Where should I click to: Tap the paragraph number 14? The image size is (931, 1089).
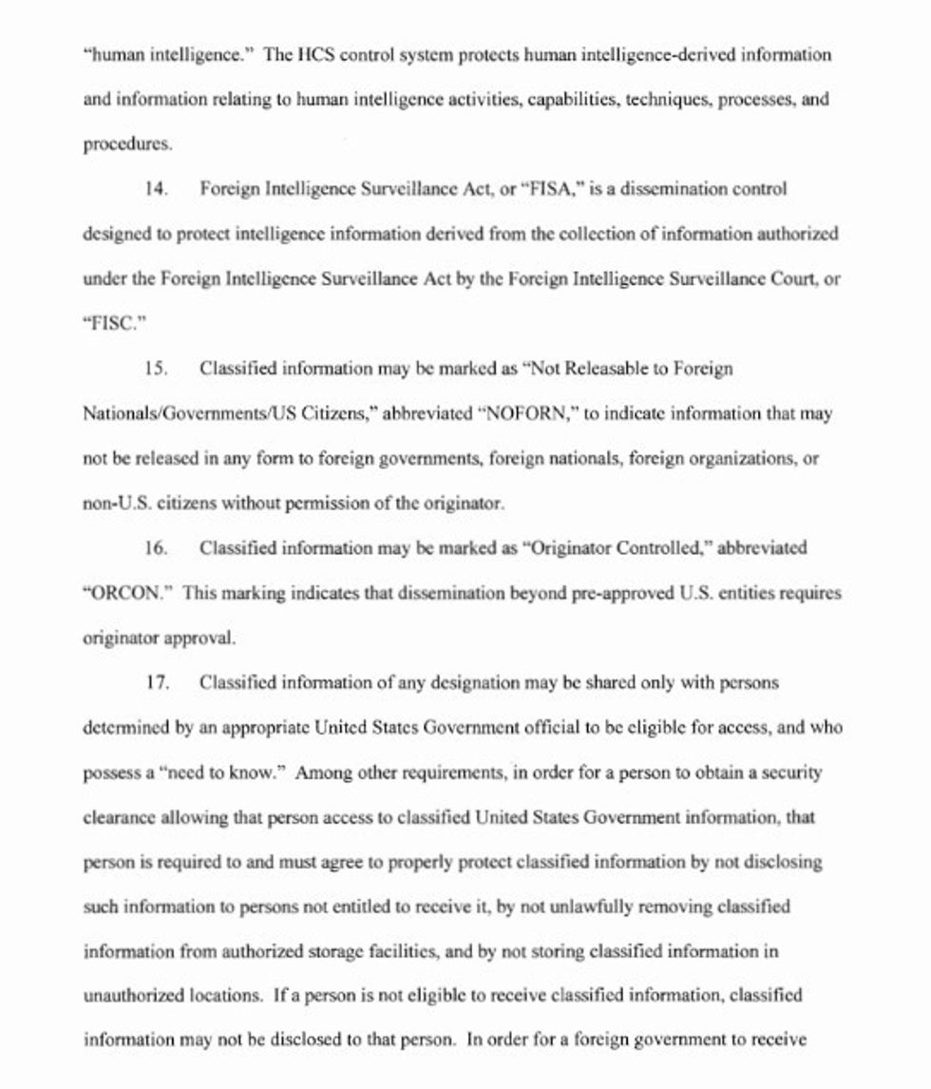[157, 189]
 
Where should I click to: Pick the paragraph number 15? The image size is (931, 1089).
[157, 369]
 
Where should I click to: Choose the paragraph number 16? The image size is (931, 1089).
[157, 548]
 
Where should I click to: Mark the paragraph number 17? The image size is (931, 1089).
[157, 683]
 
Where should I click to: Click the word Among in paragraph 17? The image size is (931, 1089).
[322, 773]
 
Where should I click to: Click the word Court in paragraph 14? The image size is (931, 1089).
[793, 279]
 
